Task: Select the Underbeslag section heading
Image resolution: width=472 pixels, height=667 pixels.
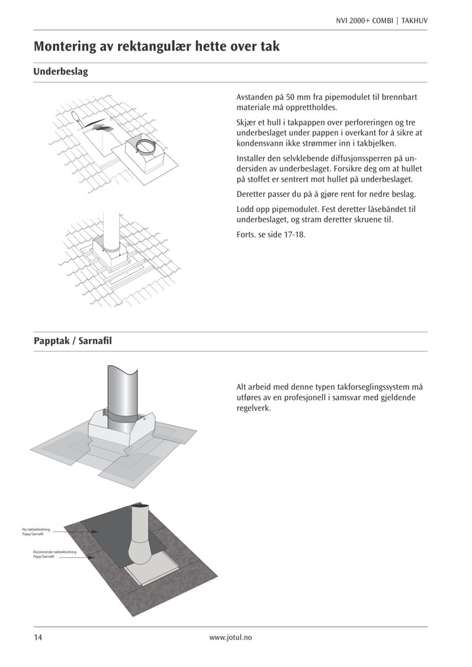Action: pyautogui.click(x=61, y=72)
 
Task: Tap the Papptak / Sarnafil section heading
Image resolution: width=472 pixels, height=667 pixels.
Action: pyautogui.click(x=73, y=341)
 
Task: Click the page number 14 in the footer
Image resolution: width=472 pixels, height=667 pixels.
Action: pyautogui.click(x=38, y=637)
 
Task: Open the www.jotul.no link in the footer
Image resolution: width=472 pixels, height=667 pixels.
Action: pyautogui.click(x=230, y=637)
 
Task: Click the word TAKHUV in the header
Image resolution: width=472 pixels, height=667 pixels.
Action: pyautogui.click(x=415, y=20)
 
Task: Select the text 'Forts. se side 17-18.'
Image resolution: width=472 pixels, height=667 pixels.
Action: pyautogui.click(x=271, y=235)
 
